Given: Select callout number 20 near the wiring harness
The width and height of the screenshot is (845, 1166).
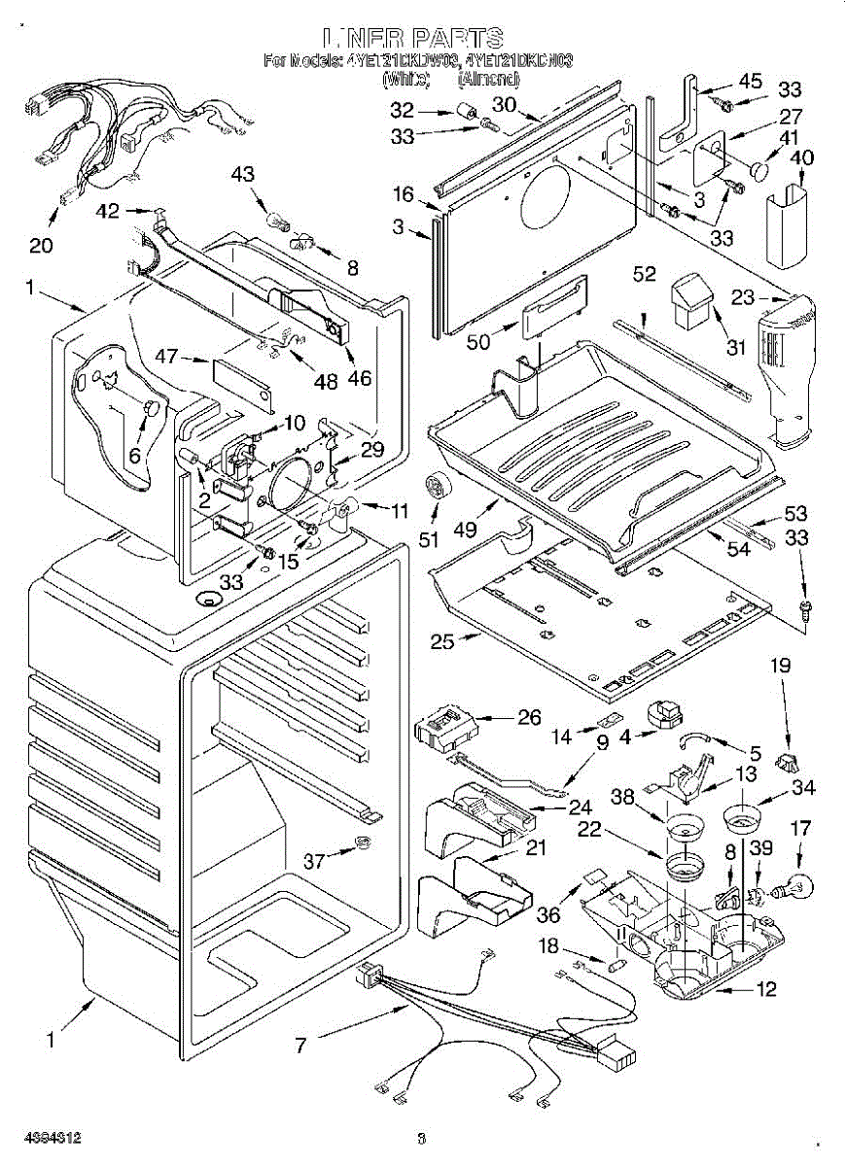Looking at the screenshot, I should point(41,245).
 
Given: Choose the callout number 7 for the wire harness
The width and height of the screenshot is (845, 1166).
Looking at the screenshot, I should point(302,1046).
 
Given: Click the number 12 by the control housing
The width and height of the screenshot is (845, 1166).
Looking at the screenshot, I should point(767,990).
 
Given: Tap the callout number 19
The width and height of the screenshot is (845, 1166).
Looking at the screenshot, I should point(781,666).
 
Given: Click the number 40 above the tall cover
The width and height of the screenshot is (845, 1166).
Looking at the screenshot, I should point(802,157).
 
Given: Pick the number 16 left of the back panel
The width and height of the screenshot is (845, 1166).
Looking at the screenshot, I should point(405,194).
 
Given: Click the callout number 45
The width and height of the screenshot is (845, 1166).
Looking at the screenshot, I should point(750,81).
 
